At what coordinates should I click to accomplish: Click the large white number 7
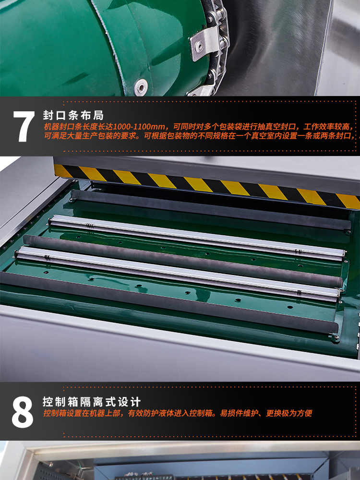click(x=23, y=126)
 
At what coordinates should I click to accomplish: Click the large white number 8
click(x=23, y=412)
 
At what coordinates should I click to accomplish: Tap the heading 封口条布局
click(x=73, y=115)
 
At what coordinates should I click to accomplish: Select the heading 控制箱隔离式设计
click(x=92, y=402)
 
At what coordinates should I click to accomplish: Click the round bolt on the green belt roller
click(x=141, y=87)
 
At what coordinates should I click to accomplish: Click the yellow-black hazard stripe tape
click(x=207, y=185)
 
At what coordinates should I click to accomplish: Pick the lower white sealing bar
click(x=177, y=273)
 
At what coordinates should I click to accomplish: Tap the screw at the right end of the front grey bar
click(x=336, y=337)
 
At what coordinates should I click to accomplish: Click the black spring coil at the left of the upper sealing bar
click(x=90, y=226)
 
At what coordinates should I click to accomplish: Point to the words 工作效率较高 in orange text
click(x=326, y=127)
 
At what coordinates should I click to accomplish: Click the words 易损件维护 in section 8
click(x=239, y=413)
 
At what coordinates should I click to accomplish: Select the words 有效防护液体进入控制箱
click(x=170, y=413)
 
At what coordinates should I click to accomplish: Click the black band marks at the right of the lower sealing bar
click(x=300, y=292)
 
